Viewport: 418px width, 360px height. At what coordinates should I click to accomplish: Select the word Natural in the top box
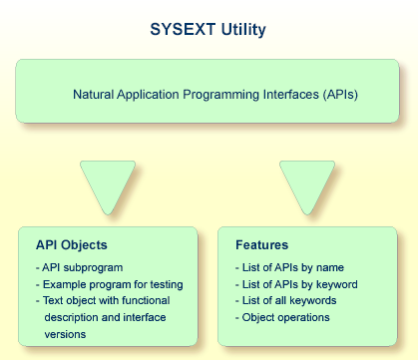click(95, 95)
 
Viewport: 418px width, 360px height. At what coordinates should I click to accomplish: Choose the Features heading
click(260, 244)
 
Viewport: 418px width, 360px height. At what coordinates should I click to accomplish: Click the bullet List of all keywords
click(289, 300)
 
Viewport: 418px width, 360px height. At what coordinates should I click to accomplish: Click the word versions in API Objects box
click(67, 332)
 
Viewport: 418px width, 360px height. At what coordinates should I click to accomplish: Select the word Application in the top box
click(150, 95)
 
